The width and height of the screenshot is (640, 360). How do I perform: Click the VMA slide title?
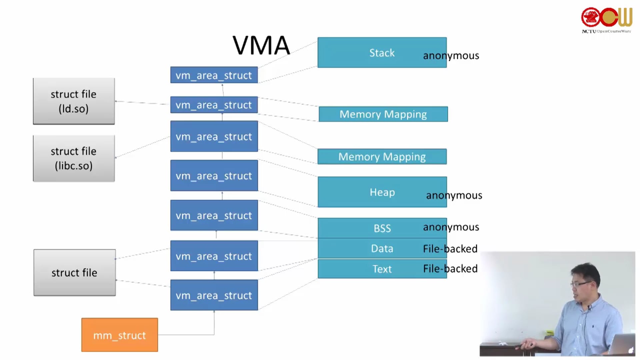coord(261,45)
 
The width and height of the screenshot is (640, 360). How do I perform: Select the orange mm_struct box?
coord(120,335)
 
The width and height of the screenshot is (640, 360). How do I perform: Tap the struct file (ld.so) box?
coord(74,101)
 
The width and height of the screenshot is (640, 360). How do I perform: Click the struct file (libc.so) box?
coord(74,158)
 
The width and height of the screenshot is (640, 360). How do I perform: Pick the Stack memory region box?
coord(367,53)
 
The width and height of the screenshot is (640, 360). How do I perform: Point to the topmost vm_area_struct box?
coord(214,75)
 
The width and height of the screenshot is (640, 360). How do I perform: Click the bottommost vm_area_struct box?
coord(214,295)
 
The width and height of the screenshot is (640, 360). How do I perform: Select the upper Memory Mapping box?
coord(383,114)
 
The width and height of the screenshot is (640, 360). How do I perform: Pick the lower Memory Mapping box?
coord(382,157)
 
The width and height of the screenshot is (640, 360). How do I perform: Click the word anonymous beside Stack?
coord(451,56)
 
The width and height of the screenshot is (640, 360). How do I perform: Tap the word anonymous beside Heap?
coord(454,195)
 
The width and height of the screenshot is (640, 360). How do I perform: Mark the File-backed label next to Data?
coord(450,249)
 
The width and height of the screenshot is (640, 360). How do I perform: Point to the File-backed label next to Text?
coord(450,269)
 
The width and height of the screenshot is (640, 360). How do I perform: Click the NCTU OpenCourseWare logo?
coord(607,20)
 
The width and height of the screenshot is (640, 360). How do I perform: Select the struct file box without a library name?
coord(75,273)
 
